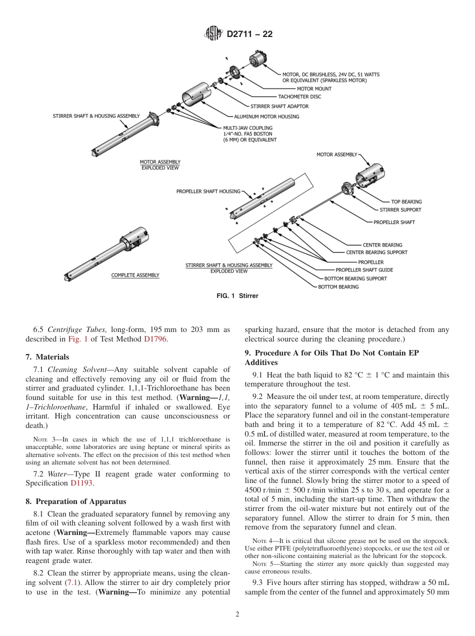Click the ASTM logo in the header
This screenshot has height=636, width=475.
pos(213,34)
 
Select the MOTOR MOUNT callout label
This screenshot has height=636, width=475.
pos(314,89)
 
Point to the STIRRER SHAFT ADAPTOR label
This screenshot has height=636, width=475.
pos(279,106)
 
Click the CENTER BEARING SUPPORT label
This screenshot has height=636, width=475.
pos(376,252)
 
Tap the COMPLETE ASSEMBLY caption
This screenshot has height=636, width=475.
pos(135,275)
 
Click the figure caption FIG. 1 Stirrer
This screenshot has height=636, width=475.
pos(237,296)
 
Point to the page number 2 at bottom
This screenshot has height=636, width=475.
pos(237,614)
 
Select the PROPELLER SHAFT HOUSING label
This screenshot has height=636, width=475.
pos(208,191)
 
